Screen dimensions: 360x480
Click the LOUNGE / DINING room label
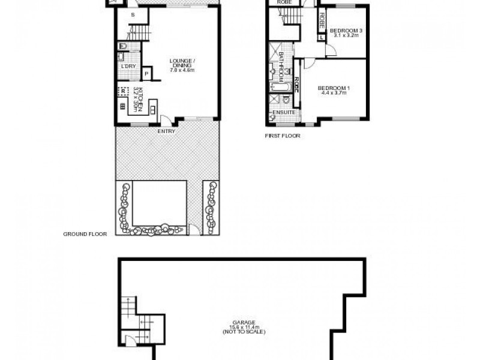click(x=182, y=62)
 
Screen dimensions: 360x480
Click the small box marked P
click(x=146, y=73)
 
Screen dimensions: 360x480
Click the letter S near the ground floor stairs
click(x=133, y=16)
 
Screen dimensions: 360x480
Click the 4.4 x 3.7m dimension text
click(x=338, y=94)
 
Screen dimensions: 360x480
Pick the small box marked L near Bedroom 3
click(x=322, y=37)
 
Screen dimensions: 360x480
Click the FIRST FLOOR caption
click(x=283, y=136)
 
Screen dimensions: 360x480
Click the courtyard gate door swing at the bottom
click(x=193, y=229)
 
